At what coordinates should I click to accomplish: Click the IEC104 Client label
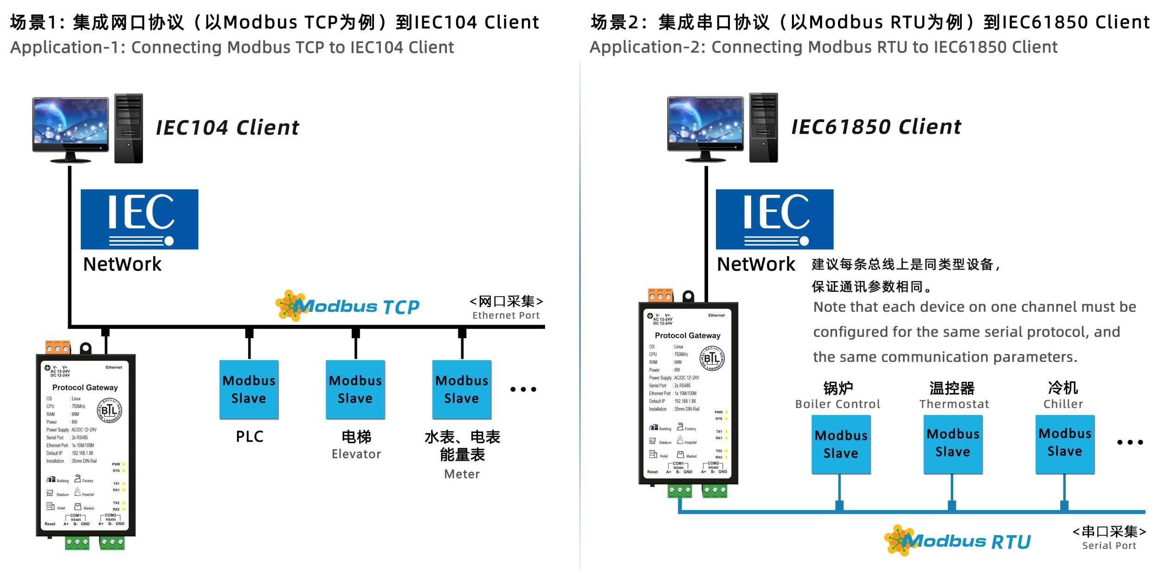coord(227,128)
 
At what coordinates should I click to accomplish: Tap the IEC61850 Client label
coord(876,127)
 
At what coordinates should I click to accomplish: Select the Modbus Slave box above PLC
coord(249,389)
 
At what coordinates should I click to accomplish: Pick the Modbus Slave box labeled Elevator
coord(355,389)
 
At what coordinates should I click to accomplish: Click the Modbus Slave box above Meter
coord(462,389)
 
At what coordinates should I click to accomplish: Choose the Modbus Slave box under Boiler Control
coord(841,444)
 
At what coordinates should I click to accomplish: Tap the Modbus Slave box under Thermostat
coord(953,443)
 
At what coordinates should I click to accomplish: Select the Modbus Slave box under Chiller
coord(1065,443)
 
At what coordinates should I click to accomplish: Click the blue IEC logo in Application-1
coord(139,219)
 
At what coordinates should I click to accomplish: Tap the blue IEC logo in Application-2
coord(774,219)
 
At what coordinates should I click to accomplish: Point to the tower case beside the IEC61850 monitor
coord(763,128)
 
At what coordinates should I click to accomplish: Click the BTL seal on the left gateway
coord(109,411)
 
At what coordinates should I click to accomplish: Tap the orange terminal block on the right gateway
coord(660,296)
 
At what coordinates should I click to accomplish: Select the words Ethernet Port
coord(506,316)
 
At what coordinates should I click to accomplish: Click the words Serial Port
coord(1109,546)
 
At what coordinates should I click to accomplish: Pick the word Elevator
coord(356,454)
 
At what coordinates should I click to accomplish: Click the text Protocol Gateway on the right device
coord(687,335)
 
